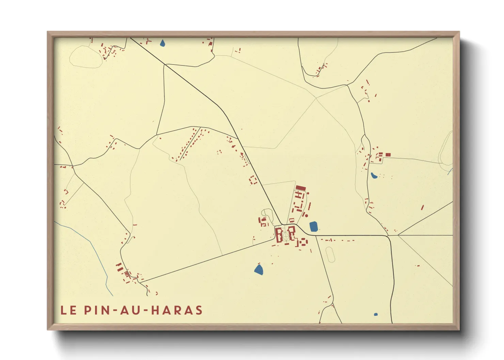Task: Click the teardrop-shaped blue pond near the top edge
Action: (x=162, y=43)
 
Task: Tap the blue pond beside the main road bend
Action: (x=314, y=227)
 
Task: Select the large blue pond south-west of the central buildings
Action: (x=259, y=270)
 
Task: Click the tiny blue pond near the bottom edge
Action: (x=376, y=314)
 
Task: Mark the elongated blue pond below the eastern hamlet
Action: (x=374, y=176)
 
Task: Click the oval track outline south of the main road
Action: (x=330, y=255)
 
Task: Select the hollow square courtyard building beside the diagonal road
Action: (x=253, y=180)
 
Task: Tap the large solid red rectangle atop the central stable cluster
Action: (x=301, y=188)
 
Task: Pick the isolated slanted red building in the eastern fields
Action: (x=422, y=207)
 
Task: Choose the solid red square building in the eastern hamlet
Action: (x=388, y=155)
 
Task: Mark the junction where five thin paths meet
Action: (x=316, y=98)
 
